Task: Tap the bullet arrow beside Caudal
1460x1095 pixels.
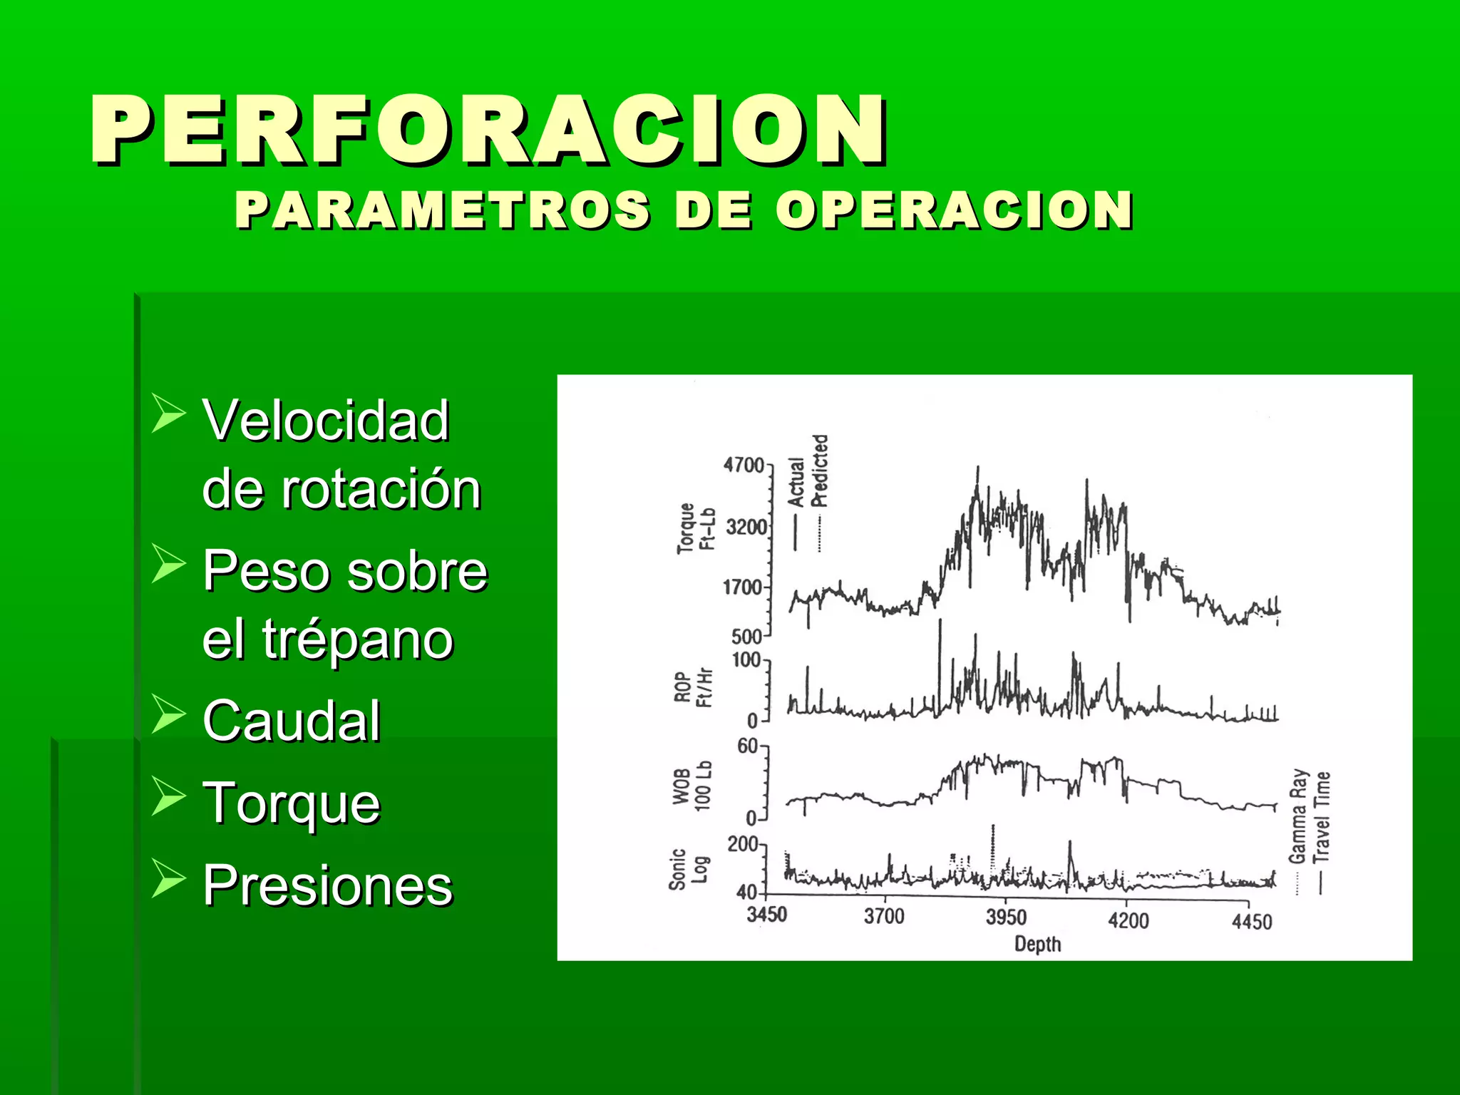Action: pyautogui.click(x=168, y=715)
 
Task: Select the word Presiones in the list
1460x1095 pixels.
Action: pyautogui.click(x=327, y=885)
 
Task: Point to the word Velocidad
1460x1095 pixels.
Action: pyautogui.click(x=326, y=421)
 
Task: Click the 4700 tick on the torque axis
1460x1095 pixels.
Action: pyautogui.click(x=744, y=466)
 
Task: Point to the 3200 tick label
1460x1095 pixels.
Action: pyautogui.click(x=746, y=528)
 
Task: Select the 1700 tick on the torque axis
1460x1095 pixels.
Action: pyautogui.click(x=743, y=588)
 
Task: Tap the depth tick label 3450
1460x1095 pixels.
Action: pyautogui.click(x=766, y=915)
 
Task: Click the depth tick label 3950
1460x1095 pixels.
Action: pyautogui.click(x=1006, y=917)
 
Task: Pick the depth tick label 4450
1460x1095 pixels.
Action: pyautogui.click(x=1252, y=922)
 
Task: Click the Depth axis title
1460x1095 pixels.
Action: pyautogui.click(x=1037, y=945)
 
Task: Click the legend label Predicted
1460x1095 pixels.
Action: pyautogui.click(x=820, y=471)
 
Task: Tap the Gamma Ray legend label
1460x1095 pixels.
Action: pyautogui.click(x=1298, y=816)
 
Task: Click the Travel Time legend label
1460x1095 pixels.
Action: pyautogui.click(x=1322, y=817)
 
